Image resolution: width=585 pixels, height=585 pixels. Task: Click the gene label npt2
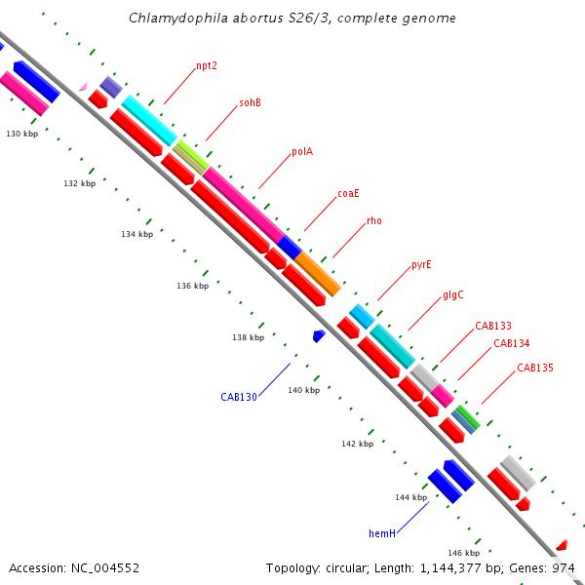207,66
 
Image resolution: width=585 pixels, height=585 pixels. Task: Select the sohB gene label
251,103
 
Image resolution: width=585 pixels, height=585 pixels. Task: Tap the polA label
302,151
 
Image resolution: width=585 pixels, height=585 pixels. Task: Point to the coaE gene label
349,193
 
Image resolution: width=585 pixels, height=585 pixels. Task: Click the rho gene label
374,221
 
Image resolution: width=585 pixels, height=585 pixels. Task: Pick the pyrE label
421,264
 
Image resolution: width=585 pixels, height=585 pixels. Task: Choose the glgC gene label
453,294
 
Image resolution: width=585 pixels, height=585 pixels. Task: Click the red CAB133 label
493,326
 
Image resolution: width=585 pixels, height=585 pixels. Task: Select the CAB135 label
535,368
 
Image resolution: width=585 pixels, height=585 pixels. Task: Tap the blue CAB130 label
239,397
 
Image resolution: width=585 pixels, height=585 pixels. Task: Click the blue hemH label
382,533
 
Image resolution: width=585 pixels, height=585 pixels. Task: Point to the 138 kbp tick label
249,337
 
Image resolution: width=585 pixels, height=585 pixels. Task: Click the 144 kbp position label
411,497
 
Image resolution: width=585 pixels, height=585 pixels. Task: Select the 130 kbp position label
22,134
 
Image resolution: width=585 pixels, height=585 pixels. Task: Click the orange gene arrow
318,274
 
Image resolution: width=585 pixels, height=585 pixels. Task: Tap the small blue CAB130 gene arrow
319,335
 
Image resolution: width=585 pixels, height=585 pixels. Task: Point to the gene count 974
564,567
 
